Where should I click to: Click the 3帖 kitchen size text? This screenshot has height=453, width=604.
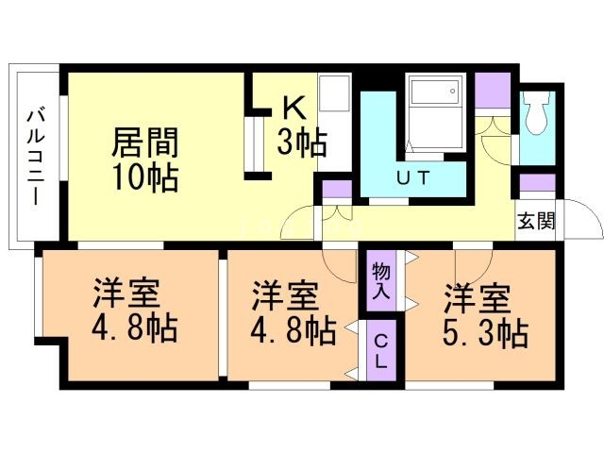(301, 143)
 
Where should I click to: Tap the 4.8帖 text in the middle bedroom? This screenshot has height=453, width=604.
(294, 330)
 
